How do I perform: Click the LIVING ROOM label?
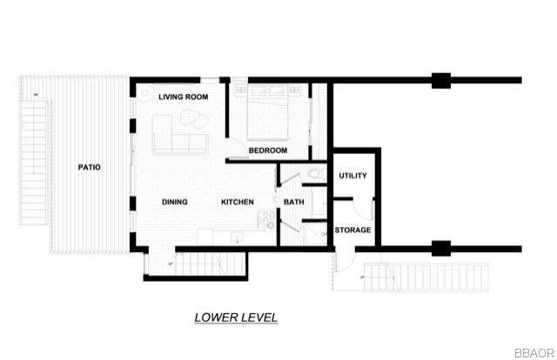click(x=183, y=97)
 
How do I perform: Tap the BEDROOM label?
click(x=267, y=150)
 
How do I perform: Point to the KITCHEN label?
click(x=237, y=203)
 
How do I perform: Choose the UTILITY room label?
click(x=352, y=176)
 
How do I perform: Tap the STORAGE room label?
click(x=353, y=230)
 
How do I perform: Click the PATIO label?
click(x=88, y=168)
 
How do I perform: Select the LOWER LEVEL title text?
click(x=236, y=318)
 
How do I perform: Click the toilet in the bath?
click(x=315, y=177)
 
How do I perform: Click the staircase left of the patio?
click(x=33, y=162)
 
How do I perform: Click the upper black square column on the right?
click(x=441, y=82)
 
